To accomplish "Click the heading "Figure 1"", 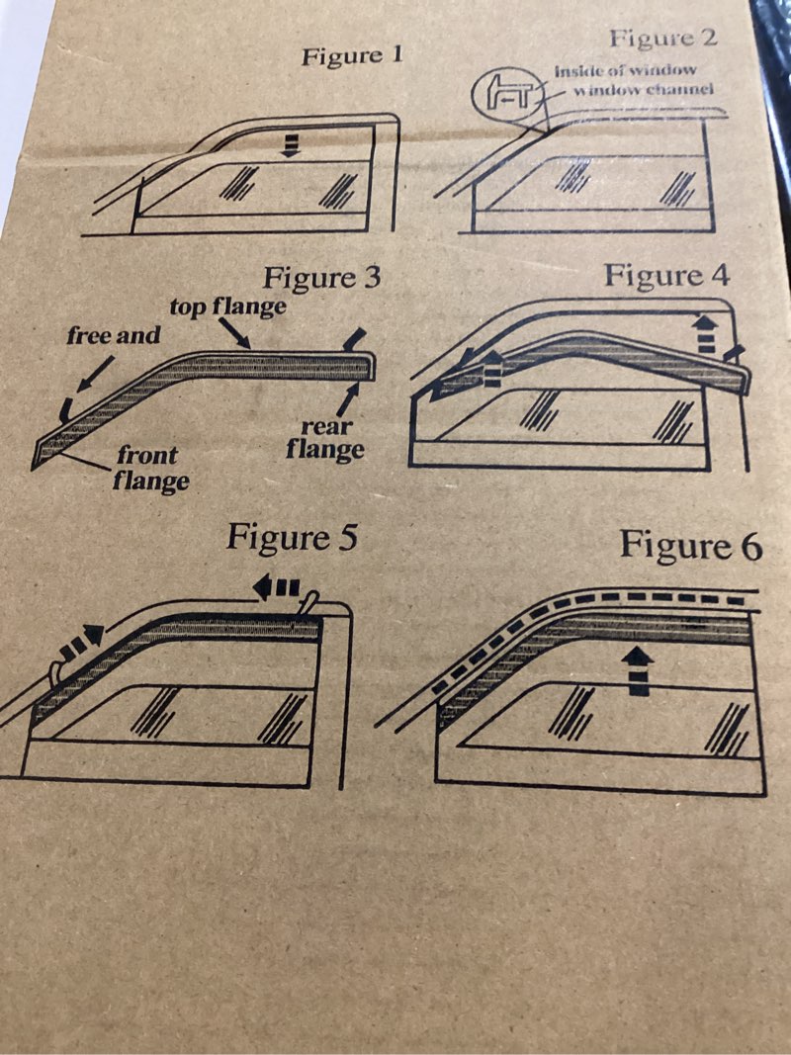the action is pyautogui.click(x=352, y=55).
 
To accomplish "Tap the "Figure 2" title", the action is pyautogui.click(x=663, y=38).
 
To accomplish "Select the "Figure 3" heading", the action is pyautogui.click(x=321, y=277).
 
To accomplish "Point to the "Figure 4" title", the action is pyautogui.click(x=666, y=275).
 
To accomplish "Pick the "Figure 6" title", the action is pyautogui.click(x=691, y=545).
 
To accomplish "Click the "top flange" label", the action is pyautogui.click(x=227, y=308).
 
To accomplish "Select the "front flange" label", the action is pyautogui.click(x=150, y=469).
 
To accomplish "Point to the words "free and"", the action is pyautogui.click(x=113, y=334).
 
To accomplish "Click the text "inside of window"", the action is pyautogui.click(x=625, y=70).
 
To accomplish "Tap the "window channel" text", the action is pyautogui.click(x=643, y=89).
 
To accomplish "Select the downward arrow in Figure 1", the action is pyautogui.click(x=290, y=144).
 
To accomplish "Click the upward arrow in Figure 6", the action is pyautogui.click(x=638, y=670).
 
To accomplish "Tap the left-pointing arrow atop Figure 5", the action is pyautogui.click(x=276, y=588).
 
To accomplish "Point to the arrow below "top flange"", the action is pyautogui.click(x=234, y=333).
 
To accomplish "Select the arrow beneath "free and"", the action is pyautogui.click(x=94, y=374).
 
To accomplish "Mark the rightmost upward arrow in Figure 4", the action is pyautogui.click(x=705, y=334).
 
